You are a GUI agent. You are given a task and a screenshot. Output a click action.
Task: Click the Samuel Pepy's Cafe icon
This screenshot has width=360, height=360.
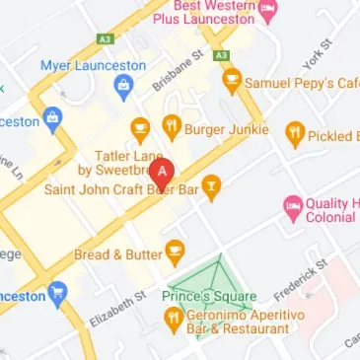pyautogui.click(x=233, y=82)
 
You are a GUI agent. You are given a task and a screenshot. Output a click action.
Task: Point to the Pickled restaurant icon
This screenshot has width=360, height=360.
pyautogui.click(x=294, y=135)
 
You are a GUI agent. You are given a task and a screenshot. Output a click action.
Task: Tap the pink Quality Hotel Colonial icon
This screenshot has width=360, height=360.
pyautogui.click(x=292, y=205)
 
